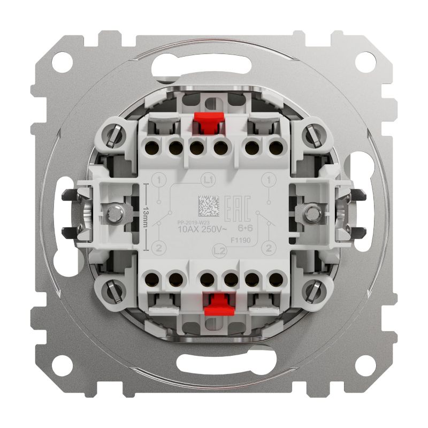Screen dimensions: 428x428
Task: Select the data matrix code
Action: click(x=208, y=205)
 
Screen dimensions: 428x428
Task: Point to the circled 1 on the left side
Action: click(x=159, y=180)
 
